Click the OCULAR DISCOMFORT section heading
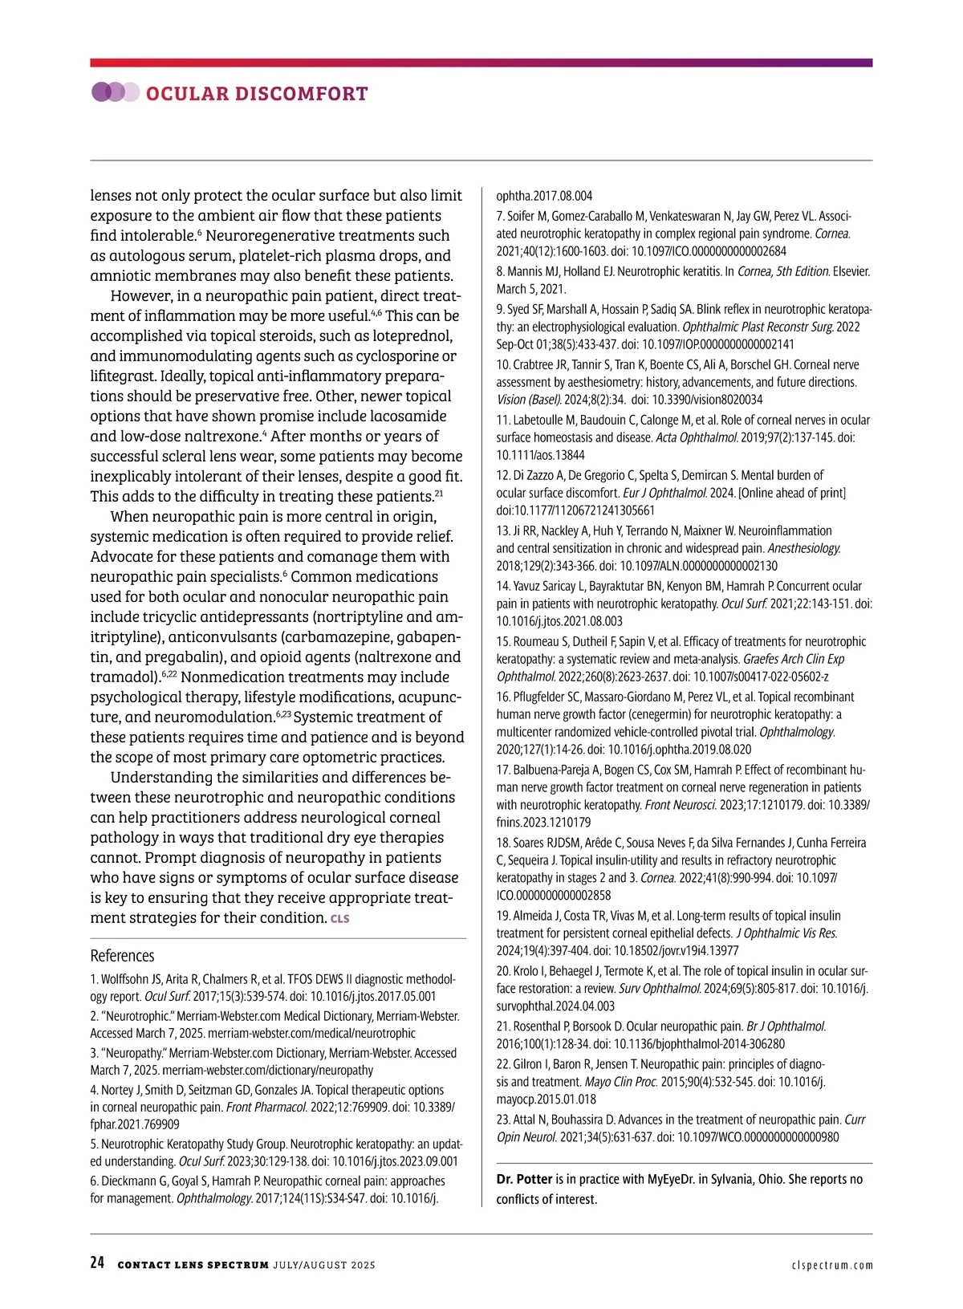257,94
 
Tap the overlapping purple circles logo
116,92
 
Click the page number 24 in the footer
97,1262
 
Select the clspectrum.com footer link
831,1265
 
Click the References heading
122,955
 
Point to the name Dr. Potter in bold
524,1179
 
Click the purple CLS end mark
340,918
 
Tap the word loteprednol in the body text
410,335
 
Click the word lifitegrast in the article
123,376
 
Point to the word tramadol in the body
121,677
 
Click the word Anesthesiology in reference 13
803,548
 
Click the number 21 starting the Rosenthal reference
502,1026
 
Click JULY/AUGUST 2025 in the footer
324,1265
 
